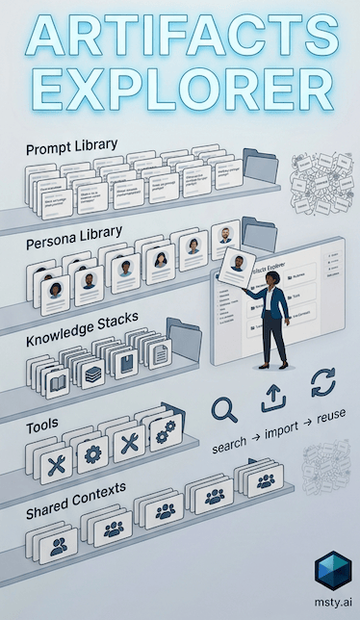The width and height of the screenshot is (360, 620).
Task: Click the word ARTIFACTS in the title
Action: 180,43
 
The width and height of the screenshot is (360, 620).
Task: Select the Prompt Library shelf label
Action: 71,147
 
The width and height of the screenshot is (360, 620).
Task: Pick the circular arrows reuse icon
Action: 322,384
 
